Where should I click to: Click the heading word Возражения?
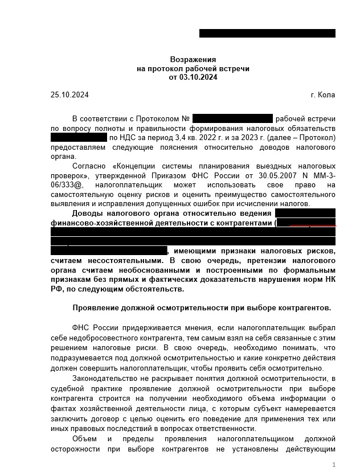click(193, 60)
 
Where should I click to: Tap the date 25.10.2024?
click(69, 95)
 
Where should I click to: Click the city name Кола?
click(328, 95)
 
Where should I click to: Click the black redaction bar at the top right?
click(267, 33)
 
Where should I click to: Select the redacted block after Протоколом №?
click(232, 119)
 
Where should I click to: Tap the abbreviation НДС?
click(128, 138)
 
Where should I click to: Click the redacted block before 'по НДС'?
click(79, 138)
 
